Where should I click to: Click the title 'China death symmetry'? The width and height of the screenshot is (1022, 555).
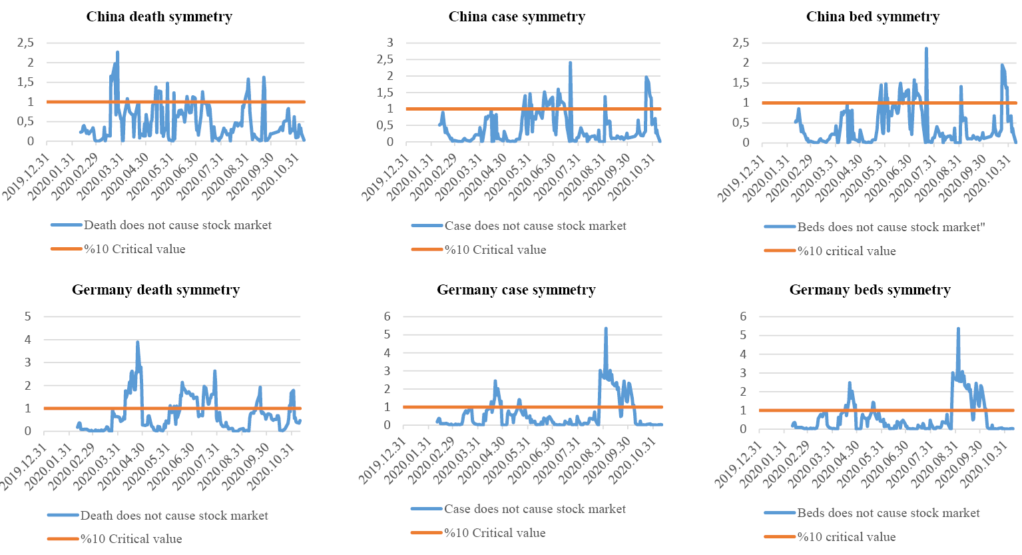pos(159,17)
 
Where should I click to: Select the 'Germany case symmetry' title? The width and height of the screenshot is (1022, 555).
pos(516,290)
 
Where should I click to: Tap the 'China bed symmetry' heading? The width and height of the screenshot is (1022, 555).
pos(872,17)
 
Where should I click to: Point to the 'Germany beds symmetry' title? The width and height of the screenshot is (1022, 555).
pos(870,290)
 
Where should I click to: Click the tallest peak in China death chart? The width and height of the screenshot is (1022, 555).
pos(118,52)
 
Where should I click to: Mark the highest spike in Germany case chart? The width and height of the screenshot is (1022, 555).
pos(606,328)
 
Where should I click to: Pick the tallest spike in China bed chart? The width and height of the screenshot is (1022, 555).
pos(926,49)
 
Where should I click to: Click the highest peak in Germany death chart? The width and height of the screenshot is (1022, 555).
pos(138,342)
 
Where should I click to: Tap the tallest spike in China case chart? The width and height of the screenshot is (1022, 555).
pos(571,63)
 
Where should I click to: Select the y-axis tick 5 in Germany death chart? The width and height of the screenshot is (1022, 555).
pos(28,316)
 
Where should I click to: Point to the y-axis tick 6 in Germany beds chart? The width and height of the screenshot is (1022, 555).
pos(744,316)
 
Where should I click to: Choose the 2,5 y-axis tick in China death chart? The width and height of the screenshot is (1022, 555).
pos(25,43)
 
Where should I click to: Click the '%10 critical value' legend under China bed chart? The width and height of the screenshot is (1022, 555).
pos(846,251)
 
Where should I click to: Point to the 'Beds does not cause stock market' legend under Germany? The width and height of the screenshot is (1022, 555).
pos(888,513)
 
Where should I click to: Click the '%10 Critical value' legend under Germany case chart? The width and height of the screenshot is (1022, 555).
pos(495,533)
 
